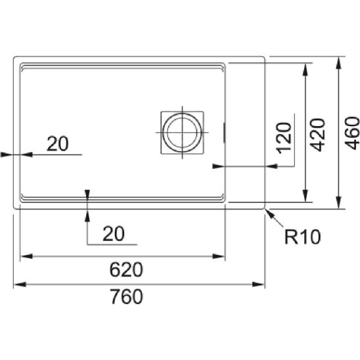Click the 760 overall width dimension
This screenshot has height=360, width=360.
point(127,297)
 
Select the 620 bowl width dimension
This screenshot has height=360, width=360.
point(126,269)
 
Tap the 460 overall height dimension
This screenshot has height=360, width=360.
point(352,133)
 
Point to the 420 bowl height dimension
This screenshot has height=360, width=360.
point(317,135)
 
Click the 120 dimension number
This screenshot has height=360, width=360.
point(284,138)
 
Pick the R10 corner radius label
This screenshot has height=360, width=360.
point(302,236)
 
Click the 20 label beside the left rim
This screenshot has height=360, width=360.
point(58,144)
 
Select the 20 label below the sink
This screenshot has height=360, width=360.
point(114,234)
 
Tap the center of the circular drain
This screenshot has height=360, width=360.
point(182,133)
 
